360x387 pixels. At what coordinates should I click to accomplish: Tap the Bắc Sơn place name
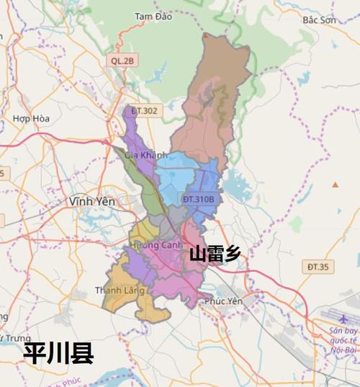(320, 20)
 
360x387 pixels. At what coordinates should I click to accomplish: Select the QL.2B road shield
(122, 61)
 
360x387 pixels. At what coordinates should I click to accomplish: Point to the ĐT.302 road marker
(145, 110)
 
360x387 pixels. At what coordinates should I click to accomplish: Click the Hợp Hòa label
(30, 118)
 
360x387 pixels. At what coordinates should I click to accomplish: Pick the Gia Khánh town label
(145, 155)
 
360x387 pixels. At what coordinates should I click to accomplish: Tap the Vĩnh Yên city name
(92, 202)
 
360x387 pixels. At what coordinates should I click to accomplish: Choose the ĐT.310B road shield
(199, 198)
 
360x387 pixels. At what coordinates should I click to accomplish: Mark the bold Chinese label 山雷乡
(215, 254)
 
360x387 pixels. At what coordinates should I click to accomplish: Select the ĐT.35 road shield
(317, 267)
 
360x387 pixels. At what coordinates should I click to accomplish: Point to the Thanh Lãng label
(120, 290)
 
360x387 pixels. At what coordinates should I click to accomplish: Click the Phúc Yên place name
(221, 302)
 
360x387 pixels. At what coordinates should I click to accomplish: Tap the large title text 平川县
(58, 353)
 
